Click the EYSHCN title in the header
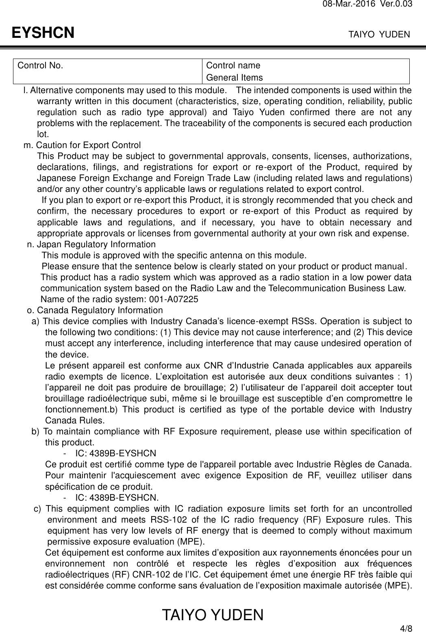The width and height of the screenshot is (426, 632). [x=43, y=33]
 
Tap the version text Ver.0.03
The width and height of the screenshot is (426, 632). [x=399, y=4]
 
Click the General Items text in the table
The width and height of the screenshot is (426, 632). [x=234, y=78]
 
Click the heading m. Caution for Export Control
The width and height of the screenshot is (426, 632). [x=83, y=145]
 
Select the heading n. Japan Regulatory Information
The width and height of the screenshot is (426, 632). [x=91, y=244]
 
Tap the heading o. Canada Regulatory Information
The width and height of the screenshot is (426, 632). [x=95, y=311]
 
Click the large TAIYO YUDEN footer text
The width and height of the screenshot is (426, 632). [x=213, y=615]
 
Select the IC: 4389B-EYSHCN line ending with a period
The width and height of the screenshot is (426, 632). [x=117, y=497]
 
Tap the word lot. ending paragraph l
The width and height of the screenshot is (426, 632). [x=43, y=134]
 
